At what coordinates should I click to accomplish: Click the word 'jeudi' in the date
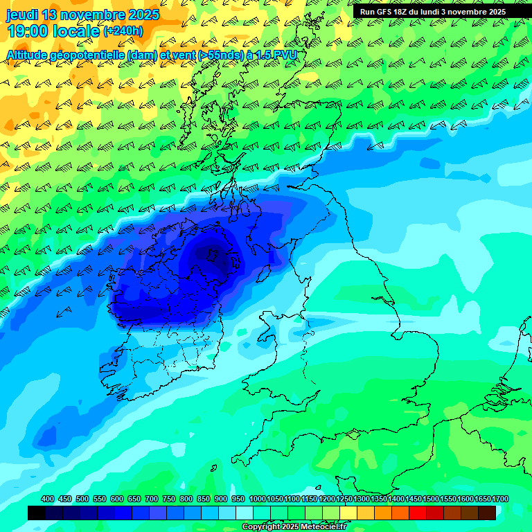[23, 15]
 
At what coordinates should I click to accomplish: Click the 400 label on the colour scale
[48, 499]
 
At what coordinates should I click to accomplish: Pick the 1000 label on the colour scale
[257, 499]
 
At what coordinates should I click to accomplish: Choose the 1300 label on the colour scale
[362, 499]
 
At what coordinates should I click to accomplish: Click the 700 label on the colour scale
[152, 499]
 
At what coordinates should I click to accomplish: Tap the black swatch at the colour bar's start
[37, 513]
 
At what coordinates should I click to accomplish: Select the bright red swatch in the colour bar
[418, 513]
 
